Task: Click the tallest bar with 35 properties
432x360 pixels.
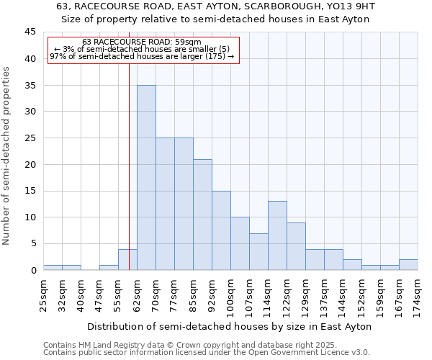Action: [x=146, y=178]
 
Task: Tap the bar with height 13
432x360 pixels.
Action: [x=277, y=235]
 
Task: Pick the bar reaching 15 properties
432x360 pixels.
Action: [x=221, y=230]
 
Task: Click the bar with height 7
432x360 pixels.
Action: [x=258, y=251]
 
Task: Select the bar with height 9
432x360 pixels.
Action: [x=296, y=246]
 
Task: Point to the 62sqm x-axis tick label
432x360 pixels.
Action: [x=137, y=293]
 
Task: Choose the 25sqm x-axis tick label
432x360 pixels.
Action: [x=43, y=293]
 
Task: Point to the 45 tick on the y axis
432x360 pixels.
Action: [x=30, y=32]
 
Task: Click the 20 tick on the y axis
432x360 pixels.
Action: [x=30, y=164]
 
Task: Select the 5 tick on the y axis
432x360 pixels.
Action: [x=33, y=243]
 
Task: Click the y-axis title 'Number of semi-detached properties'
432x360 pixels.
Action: [x=7, y=156]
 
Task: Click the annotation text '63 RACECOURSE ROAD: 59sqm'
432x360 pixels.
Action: [x=142, y=42]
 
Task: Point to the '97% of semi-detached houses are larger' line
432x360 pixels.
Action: [x=142, y=57]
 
